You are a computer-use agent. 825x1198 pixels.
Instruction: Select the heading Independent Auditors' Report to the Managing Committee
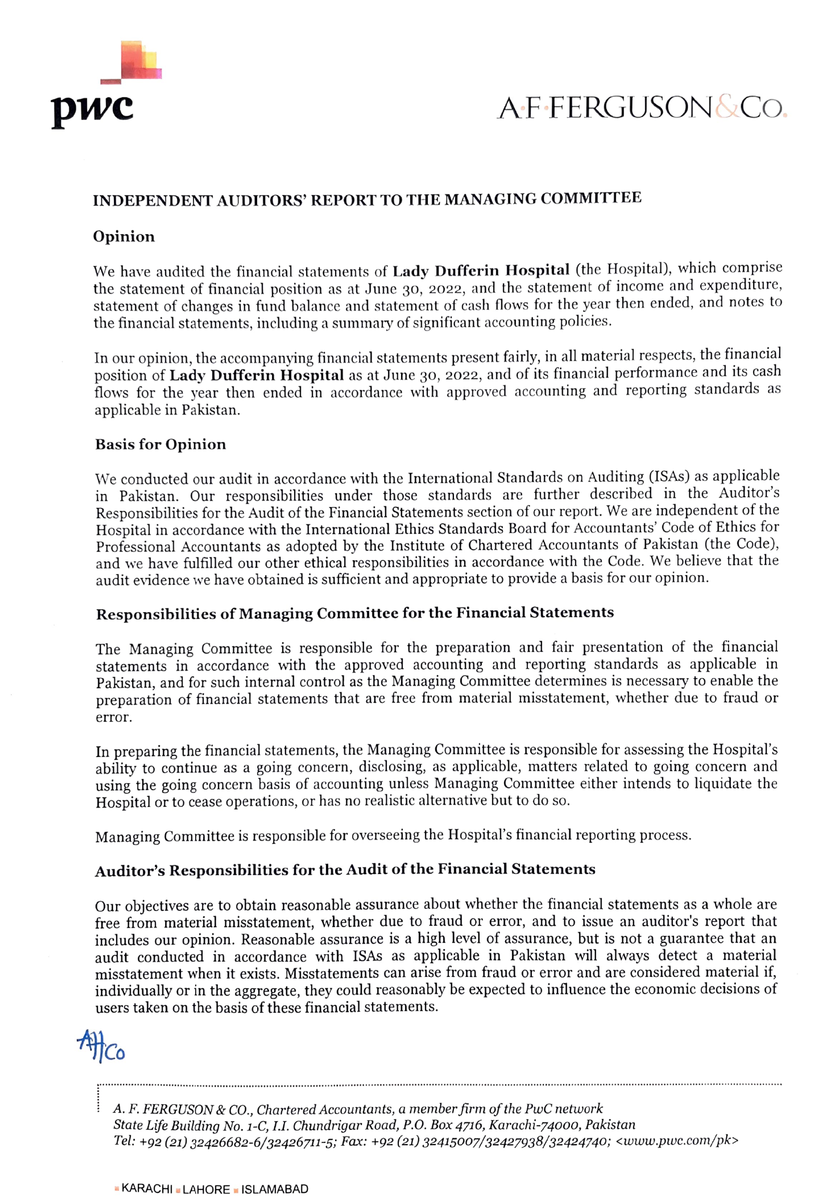(367, 199)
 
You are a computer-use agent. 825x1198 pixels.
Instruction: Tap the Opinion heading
(124, 236)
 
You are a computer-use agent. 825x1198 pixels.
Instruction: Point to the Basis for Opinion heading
(160, 444)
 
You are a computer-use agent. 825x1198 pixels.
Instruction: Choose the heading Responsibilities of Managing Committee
(355, 613)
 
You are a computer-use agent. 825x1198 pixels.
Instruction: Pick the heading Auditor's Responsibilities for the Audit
(345, 870)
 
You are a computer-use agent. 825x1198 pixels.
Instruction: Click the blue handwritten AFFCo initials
(101, 1046)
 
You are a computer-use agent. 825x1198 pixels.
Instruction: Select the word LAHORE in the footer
(206, 1189)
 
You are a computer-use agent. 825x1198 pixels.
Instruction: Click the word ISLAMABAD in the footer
(275, 1189)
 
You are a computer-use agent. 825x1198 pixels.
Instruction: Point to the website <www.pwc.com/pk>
(677, 1141)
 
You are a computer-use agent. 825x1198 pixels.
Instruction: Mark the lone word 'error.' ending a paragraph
(114, 717)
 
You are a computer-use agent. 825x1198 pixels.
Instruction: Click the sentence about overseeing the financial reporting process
(393, 835)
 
